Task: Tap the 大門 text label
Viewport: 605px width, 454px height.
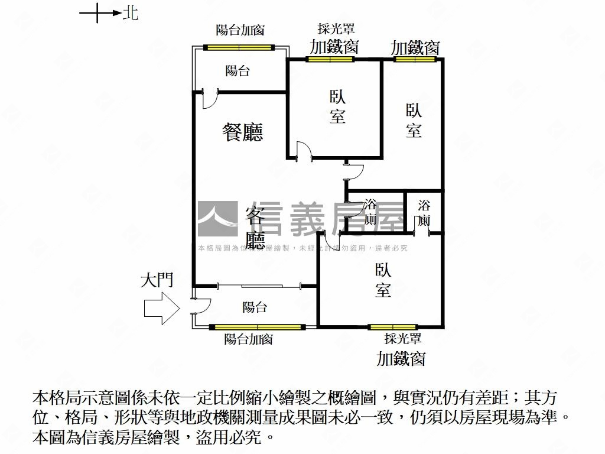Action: coord(157,280)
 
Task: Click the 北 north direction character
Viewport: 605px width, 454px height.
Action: coord(131,13)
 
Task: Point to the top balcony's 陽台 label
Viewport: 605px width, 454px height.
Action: coord(238,71)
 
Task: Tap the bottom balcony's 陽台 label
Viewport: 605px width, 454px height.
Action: coord(255,307)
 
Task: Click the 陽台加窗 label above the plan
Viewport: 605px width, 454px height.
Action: coord(240,30)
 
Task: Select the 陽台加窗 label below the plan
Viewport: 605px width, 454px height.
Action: coord(248,339)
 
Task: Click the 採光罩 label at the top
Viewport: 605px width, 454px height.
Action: coord(335,28)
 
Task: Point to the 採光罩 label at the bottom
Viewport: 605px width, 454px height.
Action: coord(402,339)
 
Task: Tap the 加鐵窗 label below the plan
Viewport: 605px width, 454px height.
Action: coord(401,358)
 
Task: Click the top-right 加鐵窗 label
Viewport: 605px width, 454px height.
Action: coord(415,47)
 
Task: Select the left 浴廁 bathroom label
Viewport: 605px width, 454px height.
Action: coord(370,212)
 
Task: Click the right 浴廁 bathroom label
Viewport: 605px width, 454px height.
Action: coord(424,213)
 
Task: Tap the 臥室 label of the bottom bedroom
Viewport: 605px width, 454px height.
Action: coord(382,280)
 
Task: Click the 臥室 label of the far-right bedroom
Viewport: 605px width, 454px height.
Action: coord(414,120)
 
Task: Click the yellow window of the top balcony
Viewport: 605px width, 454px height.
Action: coord(239,47)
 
